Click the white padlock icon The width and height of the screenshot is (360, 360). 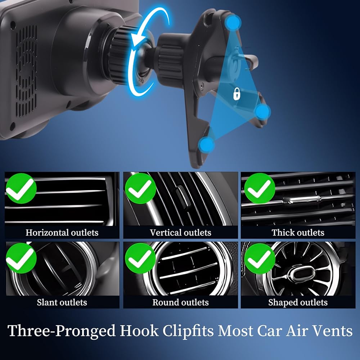point(237,94)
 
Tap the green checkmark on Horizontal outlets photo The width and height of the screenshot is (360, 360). point(21,188)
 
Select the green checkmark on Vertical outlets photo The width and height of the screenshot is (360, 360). point(140,188)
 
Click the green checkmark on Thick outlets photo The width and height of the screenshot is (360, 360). point(260,188)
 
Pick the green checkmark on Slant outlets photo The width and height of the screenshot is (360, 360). point(21,258)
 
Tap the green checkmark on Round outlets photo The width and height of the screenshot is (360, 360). point(140,258)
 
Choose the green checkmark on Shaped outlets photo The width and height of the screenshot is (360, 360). point(260,258)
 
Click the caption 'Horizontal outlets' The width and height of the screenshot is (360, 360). point(62,233)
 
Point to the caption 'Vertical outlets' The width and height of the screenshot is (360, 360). point(180,233)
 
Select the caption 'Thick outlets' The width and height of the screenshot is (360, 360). point(298,233)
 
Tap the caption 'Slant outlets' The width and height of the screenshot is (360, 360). point(62,302)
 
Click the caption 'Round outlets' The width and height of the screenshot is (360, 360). point(180,302)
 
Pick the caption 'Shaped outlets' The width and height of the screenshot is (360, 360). point(298,302)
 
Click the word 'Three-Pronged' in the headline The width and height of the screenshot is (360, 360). point(62,331)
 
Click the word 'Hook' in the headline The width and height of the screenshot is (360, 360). point(139,331)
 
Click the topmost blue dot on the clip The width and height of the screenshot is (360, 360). point(233,23)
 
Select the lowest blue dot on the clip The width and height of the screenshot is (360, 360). point(207,145)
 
